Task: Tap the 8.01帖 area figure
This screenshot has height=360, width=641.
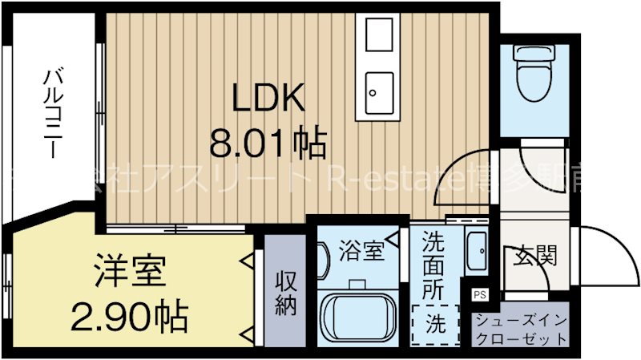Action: click(x=268, y=144)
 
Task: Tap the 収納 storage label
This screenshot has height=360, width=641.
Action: click(x=286, y=293)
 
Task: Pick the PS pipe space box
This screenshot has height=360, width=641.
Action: click(x=479, y=293)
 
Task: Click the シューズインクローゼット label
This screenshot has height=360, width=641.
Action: click(x=521, y=330)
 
